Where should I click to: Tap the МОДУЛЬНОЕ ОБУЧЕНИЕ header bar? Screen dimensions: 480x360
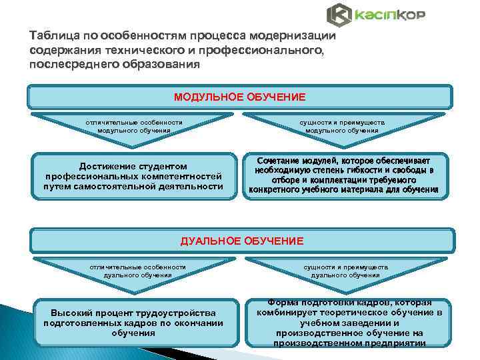point(240,97)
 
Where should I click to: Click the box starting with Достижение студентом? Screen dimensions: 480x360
point(134,176)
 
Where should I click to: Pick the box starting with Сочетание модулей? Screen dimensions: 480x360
point(344,175)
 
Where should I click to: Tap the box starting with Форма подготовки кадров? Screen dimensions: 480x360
point(349,323)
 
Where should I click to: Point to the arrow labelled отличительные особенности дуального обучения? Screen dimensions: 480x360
point(137,271)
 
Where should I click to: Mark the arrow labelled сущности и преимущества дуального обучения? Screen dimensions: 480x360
point(345,271)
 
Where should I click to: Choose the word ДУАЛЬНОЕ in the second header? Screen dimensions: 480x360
point(209,241)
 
